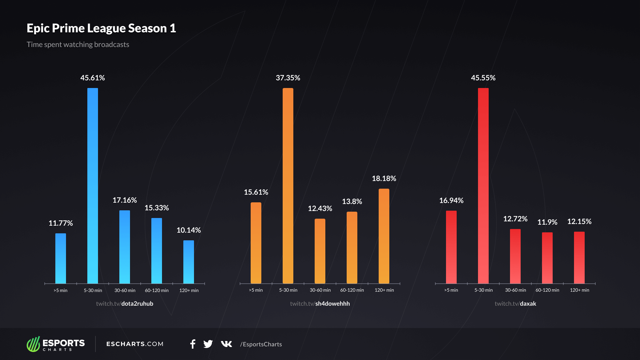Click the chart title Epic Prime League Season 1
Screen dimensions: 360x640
[x=101, y=28]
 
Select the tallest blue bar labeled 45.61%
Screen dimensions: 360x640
[x=93, y=186]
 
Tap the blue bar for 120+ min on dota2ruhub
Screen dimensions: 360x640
[x=189, y=262]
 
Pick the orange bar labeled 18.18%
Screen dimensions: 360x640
[x=384, y=236]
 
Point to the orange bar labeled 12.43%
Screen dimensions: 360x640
[x=320, y=251]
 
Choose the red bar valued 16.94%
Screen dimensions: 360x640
[x=451, y=247]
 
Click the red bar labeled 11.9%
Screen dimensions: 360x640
[x=547, y=258]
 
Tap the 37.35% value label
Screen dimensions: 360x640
[x=288, y=78]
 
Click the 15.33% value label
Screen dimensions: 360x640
[x=157, y=208]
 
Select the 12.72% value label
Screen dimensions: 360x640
[x=515, y=219]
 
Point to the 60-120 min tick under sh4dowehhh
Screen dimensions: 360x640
[x=352, y=290]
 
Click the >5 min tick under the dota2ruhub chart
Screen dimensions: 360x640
[x=61, y=290]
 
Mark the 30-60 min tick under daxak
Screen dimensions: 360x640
[x=515, y=290]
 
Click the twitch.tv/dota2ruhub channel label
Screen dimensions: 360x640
[x=125, y=304]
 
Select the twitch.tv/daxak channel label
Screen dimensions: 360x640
[x=515, y=304]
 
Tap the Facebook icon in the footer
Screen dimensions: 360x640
[x=193, y=344]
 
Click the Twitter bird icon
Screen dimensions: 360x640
[x=208, y=344]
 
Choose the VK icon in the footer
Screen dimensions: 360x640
[x=226, y=344]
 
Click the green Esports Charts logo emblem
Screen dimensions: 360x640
[x=33, y=344]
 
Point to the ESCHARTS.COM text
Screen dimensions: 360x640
[x=135, y=344]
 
